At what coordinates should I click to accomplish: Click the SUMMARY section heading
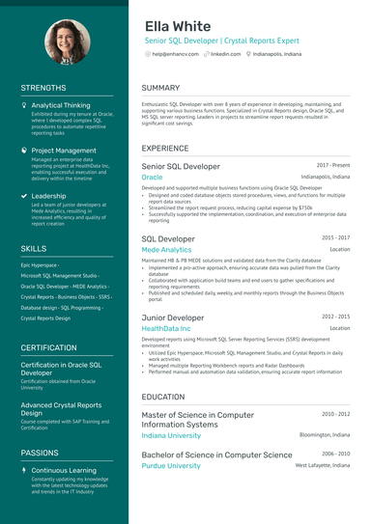point(160,89)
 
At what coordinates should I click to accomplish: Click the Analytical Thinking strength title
point(61,105)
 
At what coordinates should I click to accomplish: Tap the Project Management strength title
point(64,151)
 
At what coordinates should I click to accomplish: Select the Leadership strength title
point(48,196)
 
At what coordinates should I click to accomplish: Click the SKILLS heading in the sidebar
point(34,249)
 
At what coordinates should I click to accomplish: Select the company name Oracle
point(152,178)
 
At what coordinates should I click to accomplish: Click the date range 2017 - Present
point(332,166)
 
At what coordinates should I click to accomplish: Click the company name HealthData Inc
point(166,328)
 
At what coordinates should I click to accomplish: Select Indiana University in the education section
point(171,435)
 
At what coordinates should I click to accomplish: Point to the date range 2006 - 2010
point(335,454)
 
